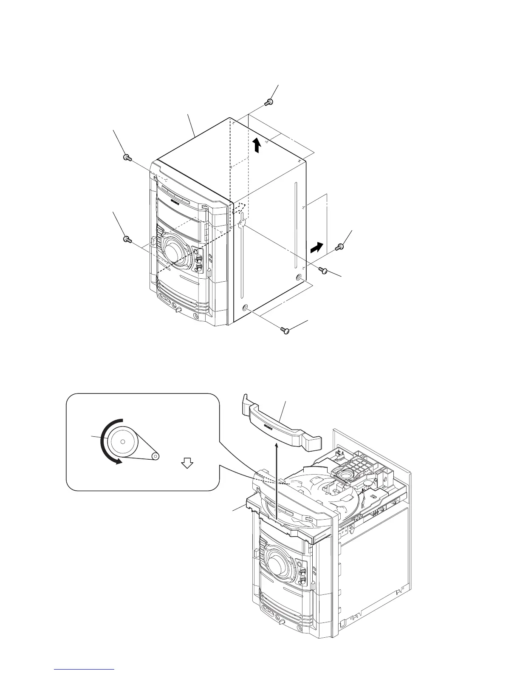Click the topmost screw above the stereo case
(x=268, y=102)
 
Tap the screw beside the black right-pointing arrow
(x=339, y=247)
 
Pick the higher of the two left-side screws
(x=126, y=158)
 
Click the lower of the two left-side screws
(x=126, y=240)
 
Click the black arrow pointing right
(x=317, y=247)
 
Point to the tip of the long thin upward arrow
(x=277, y=444)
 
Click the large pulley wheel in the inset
(x=122, y=442)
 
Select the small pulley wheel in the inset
(x=155, y=456)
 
